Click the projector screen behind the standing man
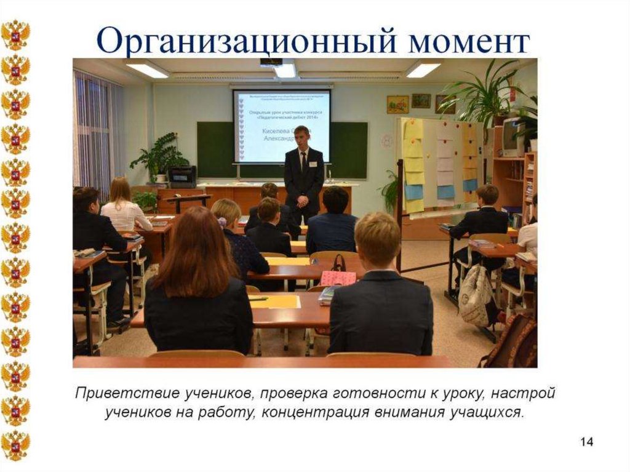pyautogui.click(x=281, y=126)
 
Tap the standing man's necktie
pyautogui.click(x=303, y=162)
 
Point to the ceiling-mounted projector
pyautogui.click(x=271, y=62)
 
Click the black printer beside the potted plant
pyautogui.click(x=183, y=176)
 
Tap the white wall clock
pyautogui.click(x=387, y=141)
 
